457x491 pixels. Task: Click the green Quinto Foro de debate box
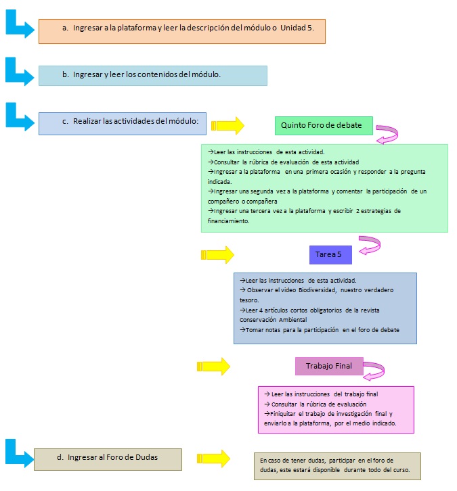pyautogui.click(x=324, y=126)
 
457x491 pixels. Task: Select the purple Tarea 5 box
pyautogui.click(x=330, y=254)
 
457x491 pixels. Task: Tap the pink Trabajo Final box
pyautogui.click(x=329, y=366)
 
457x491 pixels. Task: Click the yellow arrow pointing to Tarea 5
pyautogui.click(x=217, y=254)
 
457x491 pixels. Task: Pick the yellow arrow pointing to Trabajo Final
pyautogui.click(x=213, y=366)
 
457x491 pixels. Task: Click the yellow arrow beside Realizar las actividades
pyautogui.click(x=227, y=126)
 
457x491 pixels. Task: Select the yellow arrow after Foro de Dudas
pyautogui.click(x=213, y=459)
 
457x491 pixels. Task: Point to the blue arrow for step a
pyautogui.click(x=20, y=24)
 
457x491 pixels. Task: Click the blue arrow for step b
pyautogui.click(x=20, y=72)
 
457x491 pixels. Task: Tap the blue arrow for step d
pyautogui.click(x=20, y=453)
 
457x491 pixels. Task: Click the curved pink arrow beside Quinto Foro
pyautogui.click(x=389, y=134)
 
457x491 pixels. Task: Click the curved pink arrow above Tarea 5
pyautogui.click(x=371, y=244)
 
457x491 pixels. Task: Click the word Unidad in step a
pyautogui.click(x=292, y=28)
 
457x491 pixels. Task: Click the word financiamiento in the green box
pyautogui.click(x=228, y=221)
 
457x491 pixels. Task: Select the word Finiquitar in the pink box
pyautogui.click(x=283, y=414)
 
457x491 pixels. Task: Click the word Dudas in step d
pyautogui.click(x=147, y=457)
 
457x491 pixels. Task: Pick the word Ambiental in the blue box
pyautogui.click(x=292, y=320)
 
